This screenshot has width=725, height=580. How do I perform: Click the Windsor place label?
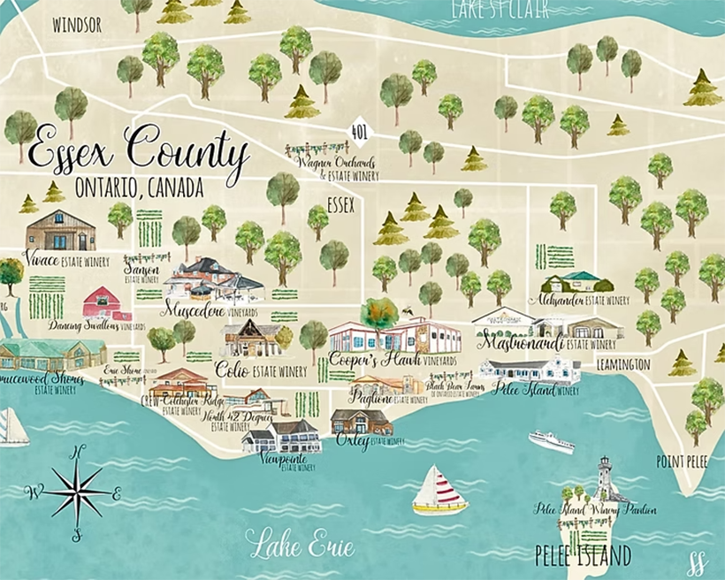77,25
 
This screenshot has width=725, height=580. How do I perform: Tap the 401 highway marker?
360,133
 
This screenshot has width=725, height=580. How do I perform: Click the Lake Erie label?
300,544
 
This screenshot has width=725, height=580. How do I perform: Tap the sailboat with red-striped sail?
439,491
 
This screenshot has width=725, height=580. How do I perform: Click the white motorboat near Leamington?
550,439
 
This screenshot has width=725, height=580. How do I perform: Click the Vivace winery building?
60,231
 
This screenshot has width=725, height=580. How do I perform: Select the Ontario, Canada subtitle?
140,187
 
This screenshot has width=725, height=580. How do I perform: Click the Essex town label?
340,205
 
